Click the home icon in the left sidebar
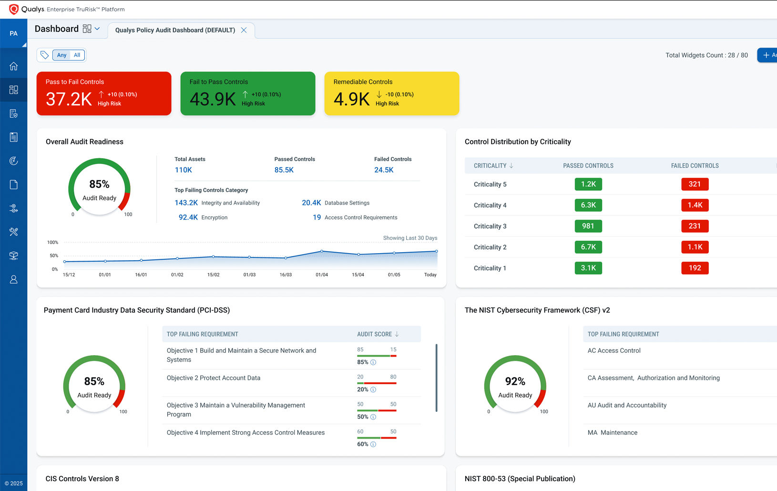(x=13, y=66)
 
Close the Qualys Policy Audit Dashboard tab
(x=244, y=30)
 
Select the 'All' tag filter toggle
(x=77, y=55)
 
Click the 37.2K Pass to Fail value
(x=69, y=99)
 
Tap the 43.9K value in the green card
(x=213, y=99)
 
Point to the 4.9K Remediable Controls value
(x=351, y=99)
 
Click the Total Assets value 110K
(x=183, y=170)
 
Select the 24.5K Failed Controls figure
(x=384, y=170)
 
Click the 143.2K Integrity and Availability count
(x=186, y=203)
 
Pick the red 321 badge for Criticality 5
(x=695, y=184)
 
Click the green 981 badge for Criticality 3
(x=588, y=226)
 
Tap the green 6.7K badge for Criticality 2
(x=588, y=247)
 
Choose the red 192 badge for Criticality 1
(x=695, y=268)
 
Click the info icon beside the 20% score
(x=373, y=390)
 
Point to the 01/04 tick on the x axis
(x=322, y=275)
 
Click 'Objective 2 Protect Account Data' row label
(x=214, y=378)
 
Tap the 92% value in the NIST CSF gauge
(x=515, y=381)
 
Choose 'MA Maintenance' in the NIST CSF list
(x=613, y=433)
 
